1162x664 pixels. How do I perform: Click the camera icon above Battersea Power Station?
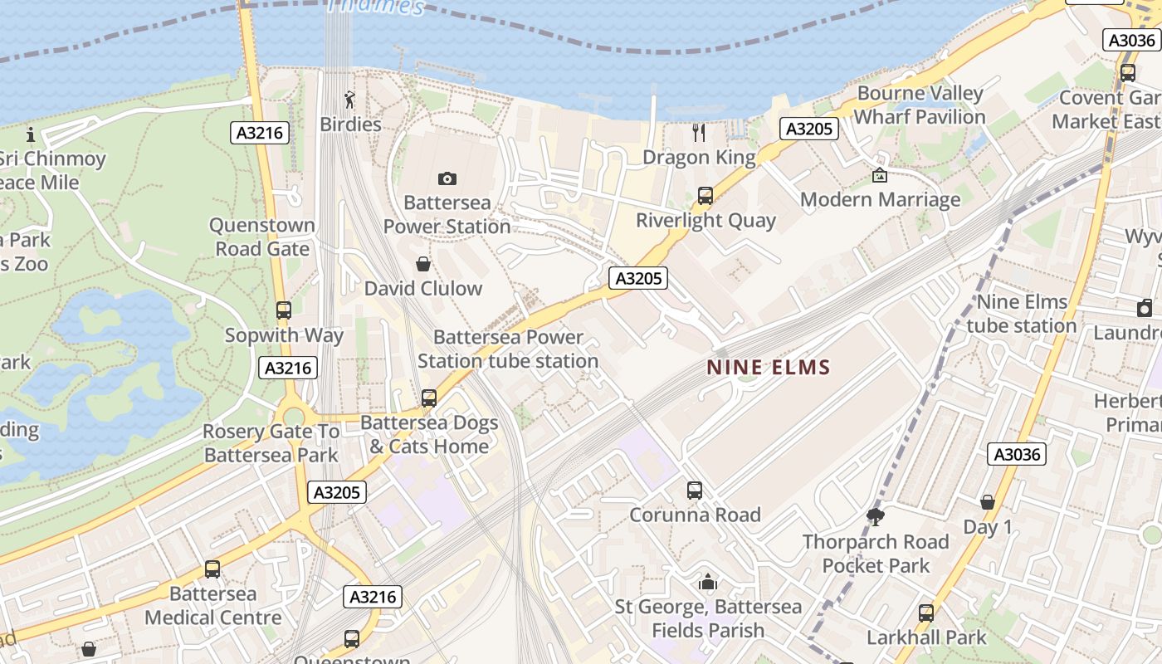coord(447,178)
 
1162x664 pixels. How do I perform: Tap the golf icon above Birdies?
coord(349,100)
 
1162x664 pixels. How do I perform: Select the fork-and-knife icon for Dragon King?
coord(699,133)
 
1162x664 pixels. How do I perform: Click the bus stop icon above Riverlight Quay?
coord(705,196)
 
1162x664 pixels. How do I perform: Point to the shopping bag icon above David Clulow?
coord(423,264)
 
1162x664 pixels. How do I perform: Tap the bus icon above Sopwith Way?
coord(284,310)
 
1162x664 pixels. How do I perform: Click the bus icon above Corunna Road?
coord(695,491)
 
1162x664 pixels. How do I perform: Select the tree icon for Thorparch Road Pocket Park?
coord(875,517)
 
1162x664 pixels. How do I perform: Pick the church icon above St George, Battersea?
coord(708,582)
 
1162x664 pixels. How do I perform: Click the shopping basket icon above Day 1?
coord(988,502)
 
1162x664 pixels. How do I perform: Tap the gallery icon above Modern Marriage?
coord(880,175)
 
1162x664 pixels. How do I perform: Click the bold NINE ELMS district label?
coord(769,367)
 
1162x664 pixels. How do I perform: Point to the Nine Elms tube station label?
coord(1021,314)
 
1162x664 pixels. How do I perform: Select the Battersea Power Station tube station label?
coord(508,349)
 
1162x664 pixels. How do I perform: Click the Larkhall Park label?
coord(926,637)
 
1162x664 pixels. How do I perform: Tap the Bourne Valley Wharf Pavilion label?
coord(920,105)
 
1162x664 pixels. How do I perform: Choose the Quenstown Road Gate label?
coord(262,237)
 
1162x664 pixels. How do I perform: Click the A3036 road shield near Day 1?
coord(1017,454)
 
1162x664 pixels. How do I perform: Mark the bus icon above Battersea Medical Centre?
coord(212,569)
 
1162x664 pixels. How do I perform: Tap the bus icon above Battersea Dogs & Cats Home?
coord(429,398)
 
